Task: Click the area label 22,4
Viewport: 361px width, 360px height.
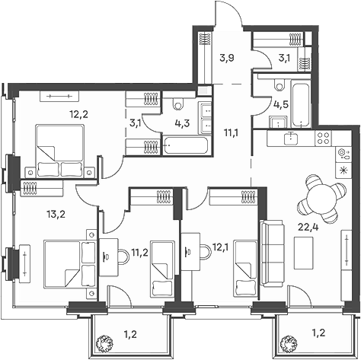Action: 308,228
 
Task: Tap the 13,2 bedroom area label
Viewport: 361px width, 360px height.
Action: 56,215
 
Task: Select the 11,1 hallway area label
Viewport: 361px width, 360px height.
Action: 231,132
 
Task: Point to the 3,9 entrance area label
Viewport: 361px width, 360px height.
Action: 227,59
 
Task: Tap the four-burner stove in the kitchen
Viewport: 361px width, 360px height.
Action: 324,139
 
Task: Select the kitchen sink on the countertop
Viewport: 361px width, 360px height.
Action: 291,139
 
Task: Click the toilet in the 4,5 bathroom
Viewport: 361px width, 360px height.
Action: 280,84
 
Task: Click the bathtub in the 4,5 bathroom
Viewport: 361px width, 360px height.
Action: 301,104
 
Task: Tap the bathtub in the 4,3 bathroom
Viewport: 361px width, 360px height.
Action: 185,145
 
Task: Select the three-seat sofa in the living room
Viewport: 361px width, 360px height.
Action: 272,253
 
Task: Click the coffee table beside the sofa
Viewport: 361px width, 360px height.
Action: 304,253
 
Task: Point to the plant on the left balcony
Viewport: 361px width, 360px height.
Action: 104,342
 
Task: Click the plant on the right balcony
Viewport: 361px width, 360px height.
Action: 289,342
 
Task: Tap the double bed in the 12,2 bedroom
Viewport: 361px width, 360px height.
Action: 60,151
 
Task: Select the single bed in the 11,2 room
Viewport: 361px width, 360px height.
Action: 163,269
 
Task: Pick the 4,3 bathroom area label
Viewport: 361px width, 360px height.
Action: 182,124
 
